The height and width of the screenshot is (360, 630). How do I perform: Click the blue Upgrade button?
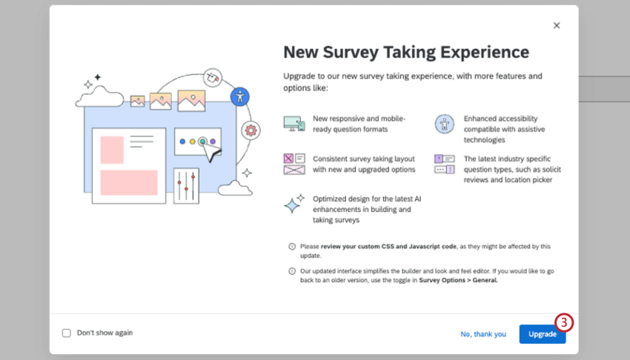542,334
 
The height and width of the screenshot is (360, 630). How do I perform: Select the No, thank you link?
483,334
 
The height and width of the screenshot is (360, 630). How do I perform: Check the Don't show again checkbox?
67,333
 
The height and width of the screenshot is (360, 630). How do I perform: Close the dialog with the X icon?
557,25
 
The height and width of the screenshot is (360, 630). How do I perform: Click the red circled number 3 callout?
564,322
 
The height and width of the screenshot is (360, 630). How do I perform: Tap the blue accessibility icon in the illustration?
239,96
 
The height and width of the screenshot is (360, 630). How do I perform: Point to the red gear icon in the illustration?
251,130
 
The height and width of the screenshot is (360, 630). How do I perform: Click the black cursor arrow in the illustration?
213,152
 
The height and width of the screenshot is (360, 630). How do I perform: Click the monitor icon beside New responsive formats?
294,124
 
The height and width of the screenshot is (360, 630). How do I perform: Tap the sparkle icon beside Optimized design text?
294,204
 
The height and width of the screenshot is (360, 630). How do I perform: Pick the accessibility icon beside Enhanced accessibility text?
444,124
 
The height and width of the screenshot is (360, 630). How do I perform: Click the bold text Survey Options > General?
458,281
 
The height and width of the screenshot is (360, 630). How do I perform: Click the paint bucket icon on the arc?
213,76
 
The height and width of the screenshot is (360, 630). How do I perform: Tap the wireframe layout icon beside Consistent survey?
294,164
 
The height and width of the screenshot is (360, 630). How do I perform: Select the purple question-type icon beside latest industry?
444,164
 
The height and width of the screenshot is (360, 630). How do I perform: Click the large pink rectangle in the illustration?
129,182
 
